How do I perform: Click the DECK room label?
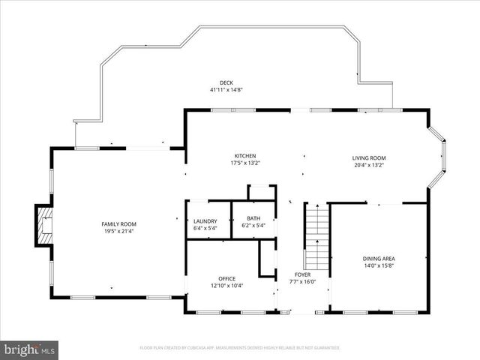pos(226,82)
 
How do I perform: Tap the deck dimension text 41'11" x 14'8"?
pos(226,90)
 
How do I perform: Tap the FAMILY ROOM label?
pos(119,223)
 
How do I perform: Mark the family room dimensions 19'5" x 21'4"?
pos(119,231)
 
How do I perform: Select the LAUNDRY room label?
pos(205,220)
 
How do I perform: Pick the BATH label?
pos(253,218)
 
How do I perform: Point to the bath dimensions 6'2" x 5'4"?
pos(253,225)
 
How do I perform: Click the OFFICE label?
pos(226,278)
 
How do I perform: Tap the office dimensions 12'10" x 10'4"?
pos(226,285)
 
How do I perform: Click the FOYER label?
pos(302,274)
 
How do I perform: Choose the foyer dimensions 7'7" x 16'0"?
pos(302,282)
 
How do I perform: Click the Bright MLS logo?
pos(29,349)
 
